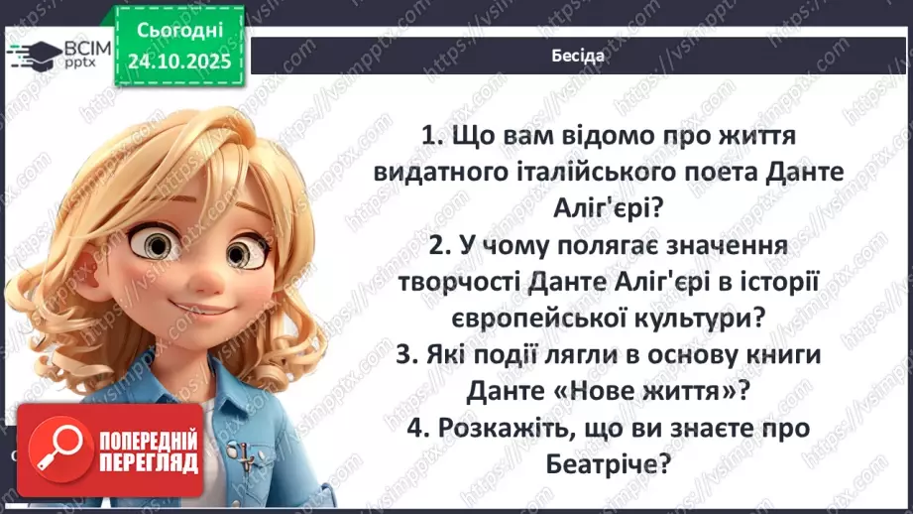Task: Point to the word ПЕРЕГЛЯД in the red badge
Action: pyautogui.click(x=147, y=462)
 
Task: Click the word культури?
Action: pyautogui.click(x=707, y=318)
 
